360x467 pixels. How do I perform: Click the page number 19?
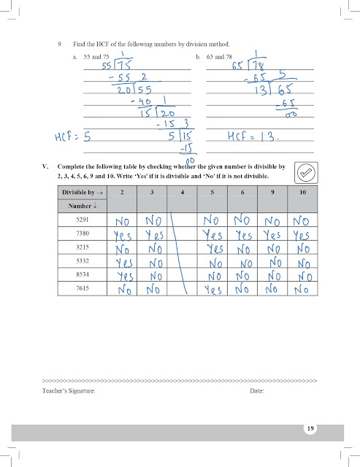point(310,428)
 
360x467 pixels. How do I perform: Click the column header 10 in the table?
point(301,191)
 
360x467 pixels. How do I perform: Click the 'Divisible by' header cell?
point(80,191)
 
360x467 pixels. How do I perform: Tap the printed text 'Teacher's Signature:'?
point(69,392)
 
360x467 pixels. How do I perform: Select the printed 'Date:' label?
point(256,392)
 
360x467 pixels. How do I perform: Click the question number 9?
point(60,44)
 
